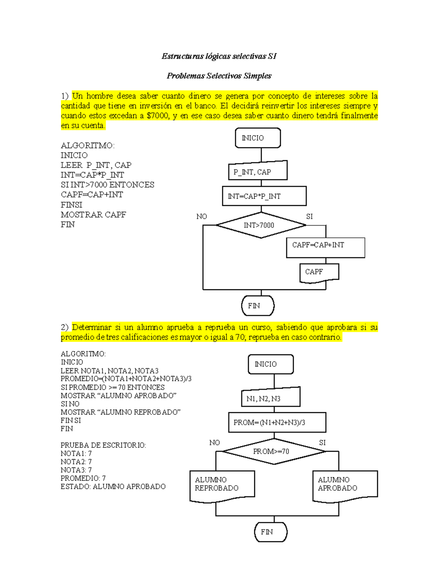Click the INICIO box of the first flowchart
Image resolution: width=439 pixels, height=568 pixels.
point(258,138)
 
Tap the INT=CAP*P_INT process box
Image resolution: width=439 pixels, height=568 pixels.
point(264,196)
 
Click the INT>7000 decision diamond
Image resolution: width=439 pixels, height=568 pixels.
point(261,225)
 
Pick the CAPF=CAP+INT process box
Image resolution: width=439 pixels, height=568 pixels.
point(325,247)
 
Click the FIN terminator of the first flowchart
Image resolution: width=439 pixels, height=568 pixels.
point(258,306)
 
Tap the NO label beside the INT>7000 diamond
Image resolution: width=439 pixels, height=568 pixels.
point(202,217)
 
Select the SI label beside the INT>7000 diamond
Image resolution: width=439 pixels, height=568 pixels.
point(309,217)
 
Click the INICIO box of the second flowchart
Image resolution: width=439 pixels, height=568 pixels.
point(270,364)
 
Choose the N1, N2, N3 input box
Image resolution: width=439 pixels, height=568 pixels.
point(270,398)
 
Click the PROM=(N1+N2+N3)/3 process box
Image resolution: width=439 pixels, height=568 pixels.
point(277,422)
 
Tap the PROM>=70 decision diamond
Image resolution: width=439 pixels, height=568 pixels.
point(274,451)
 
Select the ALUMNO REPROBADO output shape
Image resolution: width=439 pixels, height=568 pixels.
point(222,485)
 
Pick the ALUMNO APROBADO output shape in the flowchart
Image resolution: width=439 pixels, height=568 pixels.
point(345,485)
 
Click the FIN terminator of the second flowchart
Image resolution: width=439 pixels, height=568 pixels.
point(270,532)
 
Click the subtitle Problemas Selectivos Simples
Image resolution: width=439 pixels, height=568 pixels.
point(219,76)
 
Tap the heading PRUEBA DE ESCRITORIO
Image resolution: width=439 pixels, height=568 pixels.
point(103,445)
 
